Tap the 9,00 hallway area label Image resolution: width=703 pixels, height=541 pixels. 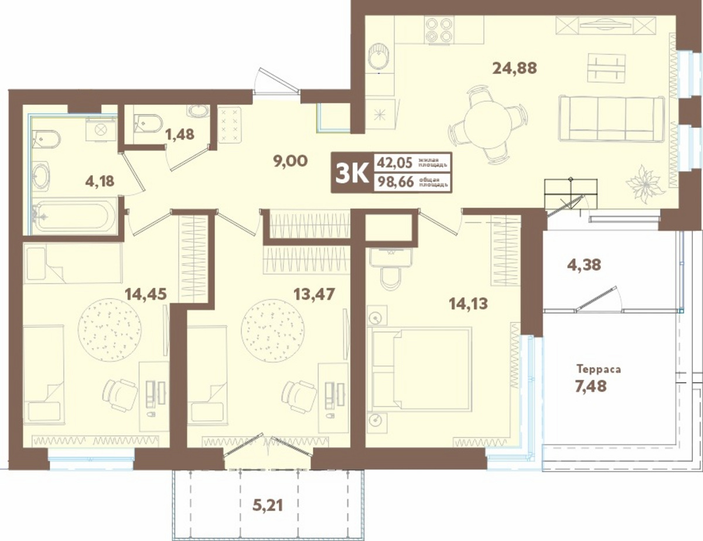point(290,161)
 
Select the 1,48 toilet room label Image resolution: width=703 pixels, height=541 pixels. point(179,134)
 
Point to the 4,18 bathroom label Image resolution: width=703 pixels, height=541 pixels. point(100,182)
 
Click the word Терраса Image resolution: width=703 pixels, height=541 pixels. point(599,369)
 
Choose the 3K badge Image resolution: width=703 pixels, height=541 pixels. point(352,173)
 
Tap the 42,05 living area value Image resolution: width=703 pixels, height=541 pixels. point(394,164)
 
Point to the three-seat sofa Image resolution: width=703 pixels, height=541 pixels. point(611,118)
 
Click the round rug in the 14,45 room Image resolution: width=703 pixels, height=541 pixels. point(110,329)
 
